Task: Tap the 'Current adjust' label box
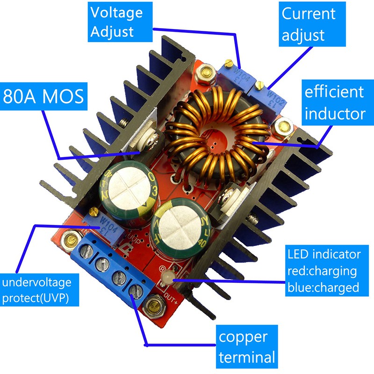[x=308, y=23]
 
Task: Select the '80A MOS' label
[x=43, y=97]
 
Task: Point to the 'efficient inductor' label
[x=334, y=102]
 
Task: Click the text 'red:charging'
[x=322, y=271]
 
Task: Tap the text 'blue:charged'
[x=323, y=287]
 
